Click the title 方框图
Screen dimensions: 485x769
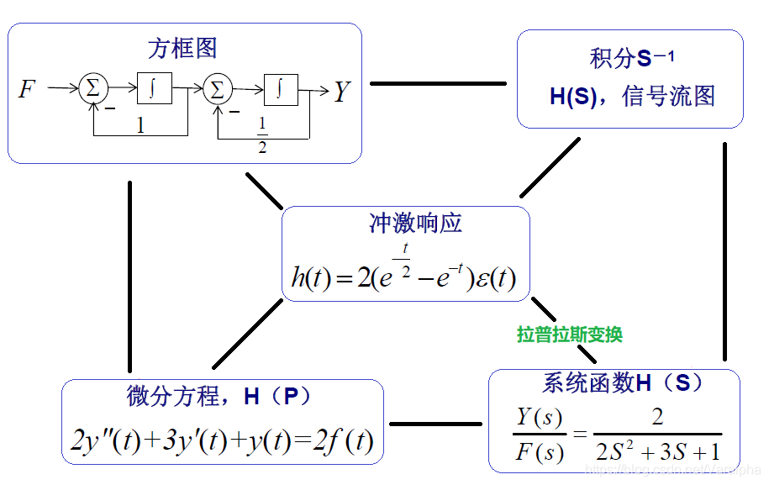coord(182,49)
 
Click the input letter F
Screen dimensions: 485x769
coord(28,88)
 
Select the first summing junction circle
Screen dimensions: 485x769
coord(93,87)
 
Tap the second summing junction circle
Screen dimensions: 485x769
coord(218,87)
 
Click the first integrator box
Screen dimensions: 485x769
coord(155,87)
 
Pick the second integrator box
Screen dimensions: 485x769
coord(281,87)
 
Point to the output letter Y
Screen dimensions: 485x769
coord(341,91)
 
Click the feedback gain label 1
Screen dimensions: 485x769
coord(140,126)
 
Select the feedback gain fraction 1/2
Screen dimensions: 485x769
coord(262,135)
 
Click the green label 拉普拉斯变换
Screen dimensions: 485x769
coord(569,335)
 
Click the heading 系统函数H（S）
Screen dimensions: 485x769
coord(623,383)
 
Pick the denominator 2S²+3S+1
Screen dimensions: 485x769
coord(657,451)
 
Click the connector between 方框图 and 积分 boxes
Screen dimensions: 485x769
coord(438,83)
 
